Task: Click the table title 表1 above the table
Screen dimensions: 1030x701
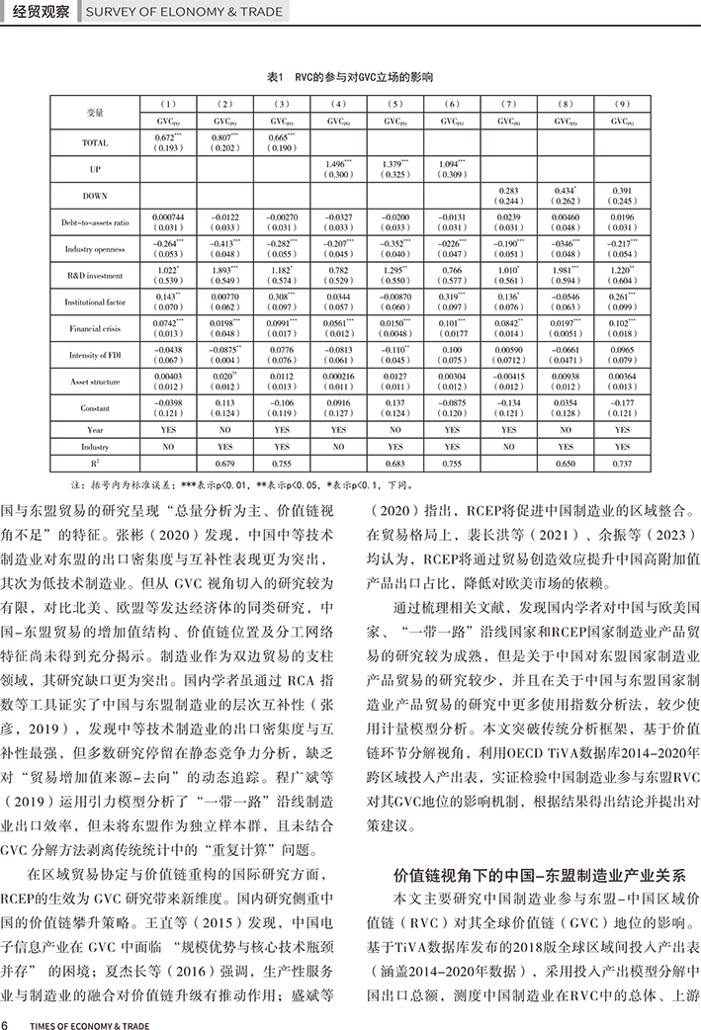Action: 350,76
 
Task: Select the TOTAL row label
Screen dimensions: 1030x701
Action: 95,143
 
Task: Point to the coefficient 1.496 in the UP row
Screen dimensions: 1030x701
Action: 337,164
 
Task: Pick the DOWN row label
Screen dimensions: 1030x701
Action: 95,196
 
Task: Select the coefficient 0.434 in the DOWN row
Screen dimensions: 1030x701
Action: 565,190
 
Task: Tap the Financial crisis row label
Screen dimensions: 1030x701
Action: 95,327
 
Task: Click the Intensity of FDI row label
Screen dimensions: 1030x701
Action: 95,354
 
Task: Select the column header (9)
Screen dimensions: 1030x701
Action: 621,104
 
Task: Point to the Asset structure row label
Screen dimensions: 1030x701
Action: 95,381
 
